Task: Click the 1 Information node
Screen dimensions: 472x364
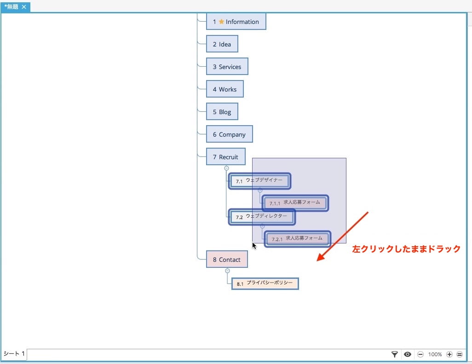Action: coord(236,21)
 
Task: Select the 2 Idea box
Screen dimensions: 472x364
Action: coord(222,44)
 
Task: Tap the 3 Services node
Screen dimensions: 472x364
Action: coord(227,67)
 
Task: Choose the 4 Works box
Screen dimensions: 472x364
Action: coord(225,89)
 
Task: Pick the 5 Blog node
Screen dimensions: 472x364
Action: coord(222,112)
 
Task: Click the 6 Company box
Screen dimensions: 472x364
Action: coord(230,134)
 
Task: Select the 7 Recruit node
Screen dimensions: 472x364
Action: coord(226,157)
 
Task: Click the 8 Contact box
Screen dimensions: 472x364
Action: coord(227,259)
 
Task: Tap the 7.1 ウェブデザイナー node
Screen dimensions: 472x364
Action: coord(259,181)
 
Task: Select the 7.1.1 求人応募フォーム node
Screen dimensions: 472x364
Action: coord(295,203)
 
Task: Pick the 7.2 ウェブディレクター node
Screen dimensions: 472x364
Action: coord(262,217)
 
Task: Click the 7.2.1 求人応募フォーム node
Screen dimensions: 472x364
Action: coord(297,239)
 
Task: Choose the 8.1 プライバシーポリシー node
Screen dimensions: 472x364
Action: coord(265,283)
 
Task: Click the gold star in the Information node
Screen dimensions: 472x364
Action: coord(222,21)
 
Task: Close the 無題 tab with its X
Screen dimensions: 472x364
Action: coord(24,6)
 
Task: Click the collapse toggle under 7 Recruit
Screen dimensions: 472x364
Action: coord(227,168)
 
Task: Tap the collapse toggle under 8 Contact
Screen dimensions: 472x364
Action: coord(228,271)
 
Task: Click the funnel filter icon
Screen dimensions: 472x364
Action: coord(394,354)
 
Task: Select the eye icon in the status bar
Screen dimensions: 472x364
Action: coord(408,354)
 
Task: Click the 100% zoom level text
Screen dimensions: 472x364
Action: coord(435,354)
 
